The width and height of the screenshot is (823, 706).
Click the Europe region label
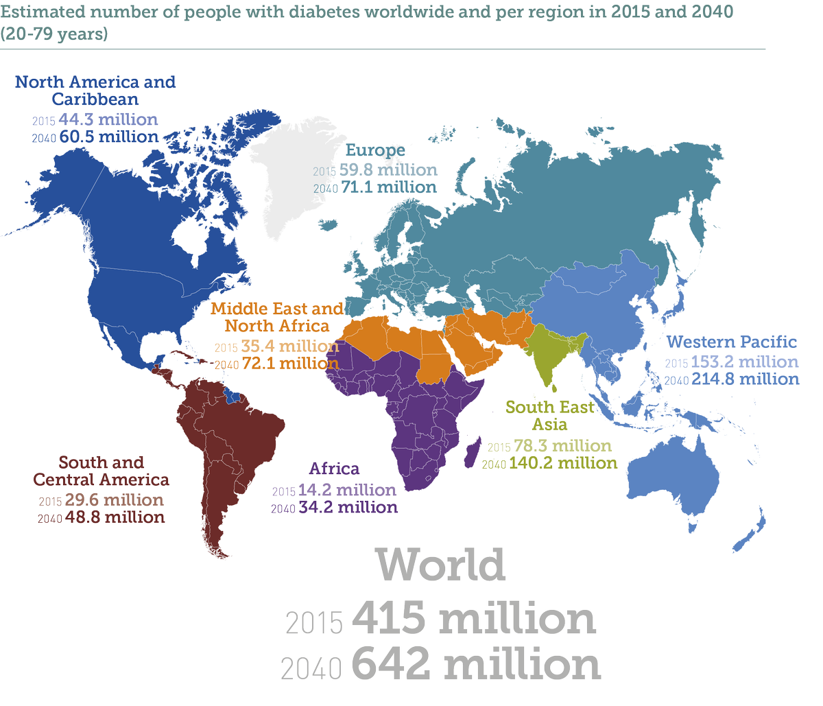click(x=375, y=150)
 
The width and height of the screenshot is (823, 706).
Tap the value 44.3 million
click(x=108, y=119)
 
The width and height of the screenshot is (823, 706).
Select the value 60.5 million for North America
click(x=109, y=137)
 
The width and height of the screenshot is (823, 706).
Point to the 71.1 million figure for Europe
click(x=388, y=187)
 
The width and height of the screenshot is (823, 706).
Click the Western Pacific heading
click(x=732, y=342)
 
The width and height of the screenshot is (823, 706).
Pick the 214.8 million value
click(x=745, y=379)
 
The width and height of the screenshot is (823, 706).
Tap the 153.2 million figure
click(x=745, y=362)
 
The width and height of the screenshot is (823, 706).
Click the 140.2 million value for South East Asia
click(x=563, y=464)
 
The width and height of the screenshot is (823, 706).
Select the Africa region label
click(x=334, y=469)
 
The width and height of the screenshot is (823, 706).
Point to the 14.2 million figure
click(x=347, y=490)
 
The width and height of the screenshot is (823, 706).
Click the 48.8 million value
click(x=115, y=517)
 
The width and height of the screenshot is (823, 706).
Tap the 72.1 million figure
click(x=290, y=364)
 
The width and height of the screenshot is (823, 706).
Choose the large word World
click(x=440, y=565)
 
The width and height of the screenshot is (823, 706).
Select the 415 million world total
click(x=473, y=619)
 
